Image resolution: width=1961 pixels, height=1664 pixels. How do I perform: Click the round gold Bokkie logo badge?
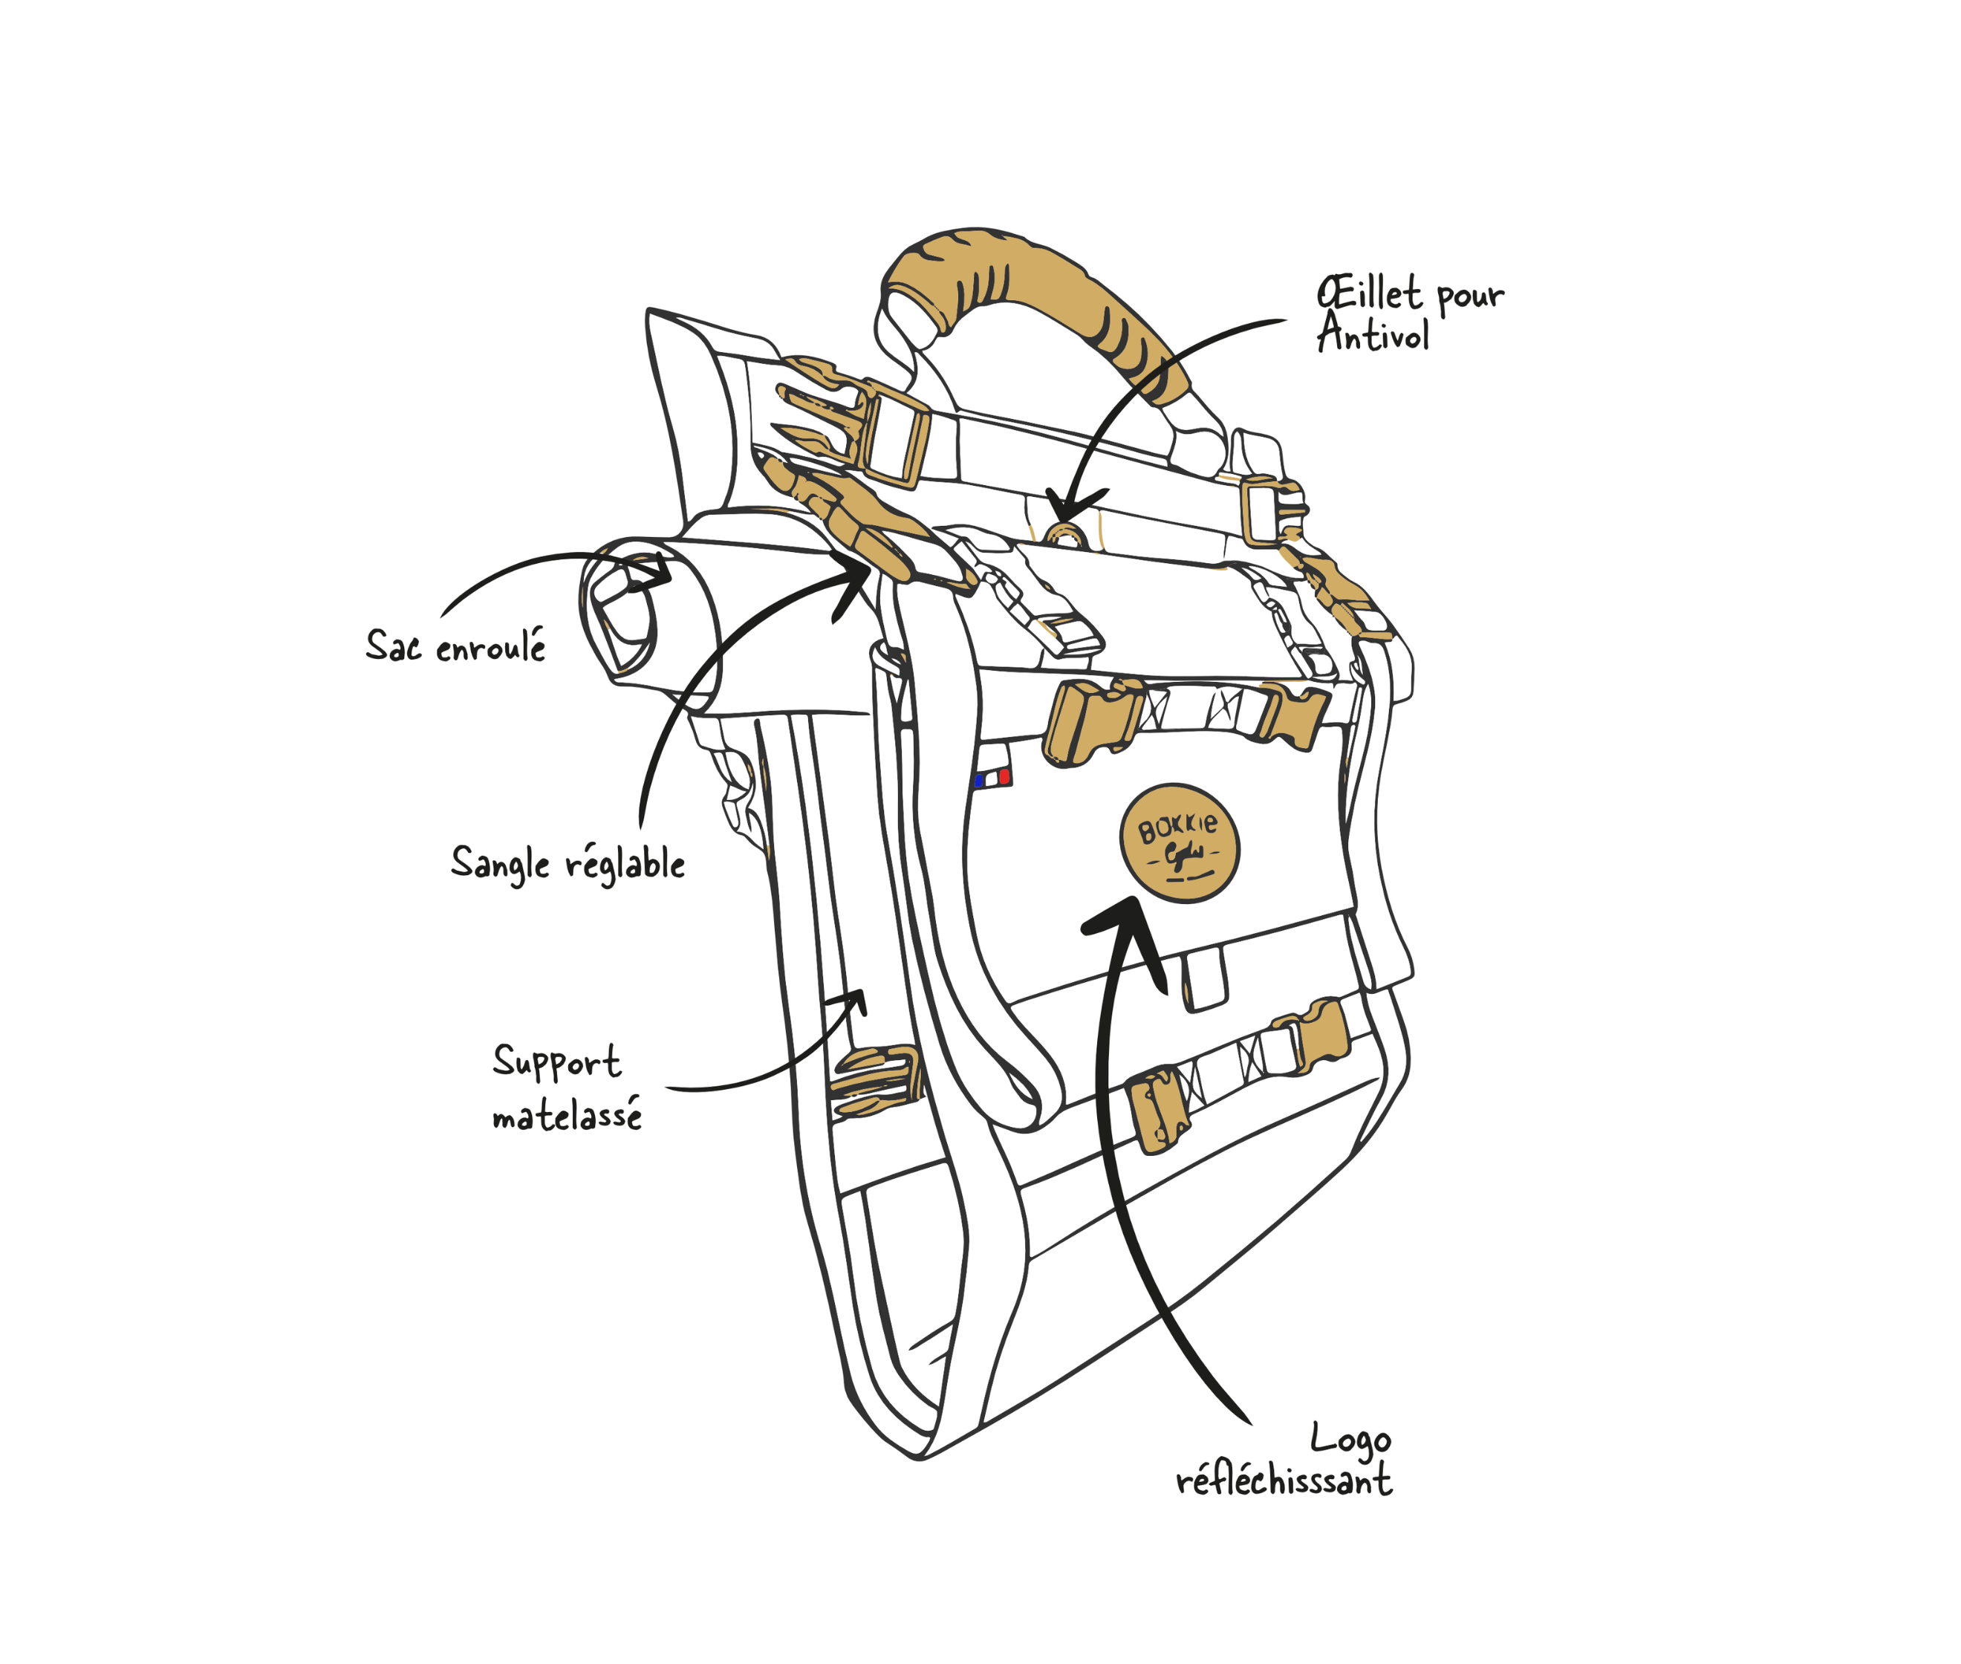[x=1179, y=842]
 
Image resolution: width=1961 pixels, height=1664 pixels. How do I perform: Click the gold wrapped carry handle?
[x=1028, y=283]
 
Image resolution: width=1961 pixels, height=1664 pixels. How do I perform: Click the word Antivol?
[x=1373, y=335]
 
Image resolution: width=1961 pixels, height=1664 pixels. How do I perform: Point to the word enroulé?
[x=490, y=647]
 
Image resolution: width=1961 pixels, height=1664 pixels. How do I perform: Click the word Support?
[x=556, y=1063]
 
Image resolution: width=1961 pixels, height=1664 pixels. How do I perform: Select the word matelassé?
[x=567, y=1116]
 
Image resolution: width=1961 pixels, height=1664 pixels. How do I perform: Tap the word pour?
[x=1469, y=297]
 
